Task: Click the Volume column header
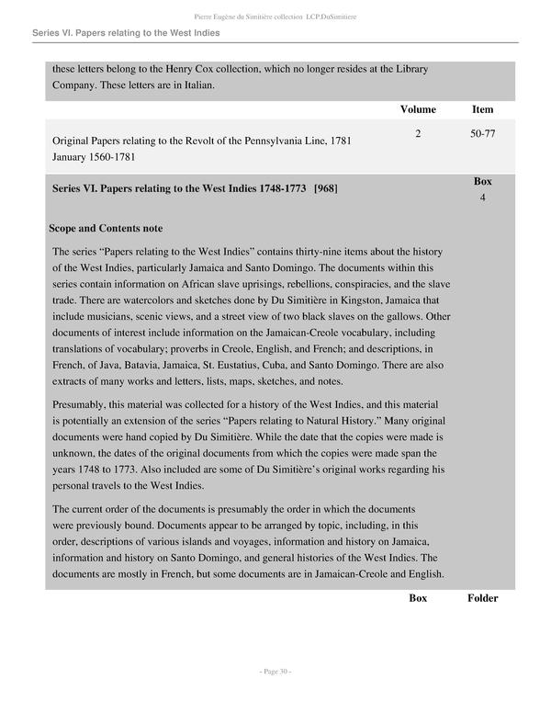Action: (418, 109)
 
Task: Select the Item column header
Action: (482, 109)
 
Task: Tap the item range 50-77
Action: (482, 134)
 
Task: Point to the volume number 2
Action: (418, 134)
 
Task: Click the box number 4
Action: (482, 198)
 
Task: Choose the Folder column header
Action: (482, 598)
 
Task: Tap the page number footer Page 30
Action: (275, 672)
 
